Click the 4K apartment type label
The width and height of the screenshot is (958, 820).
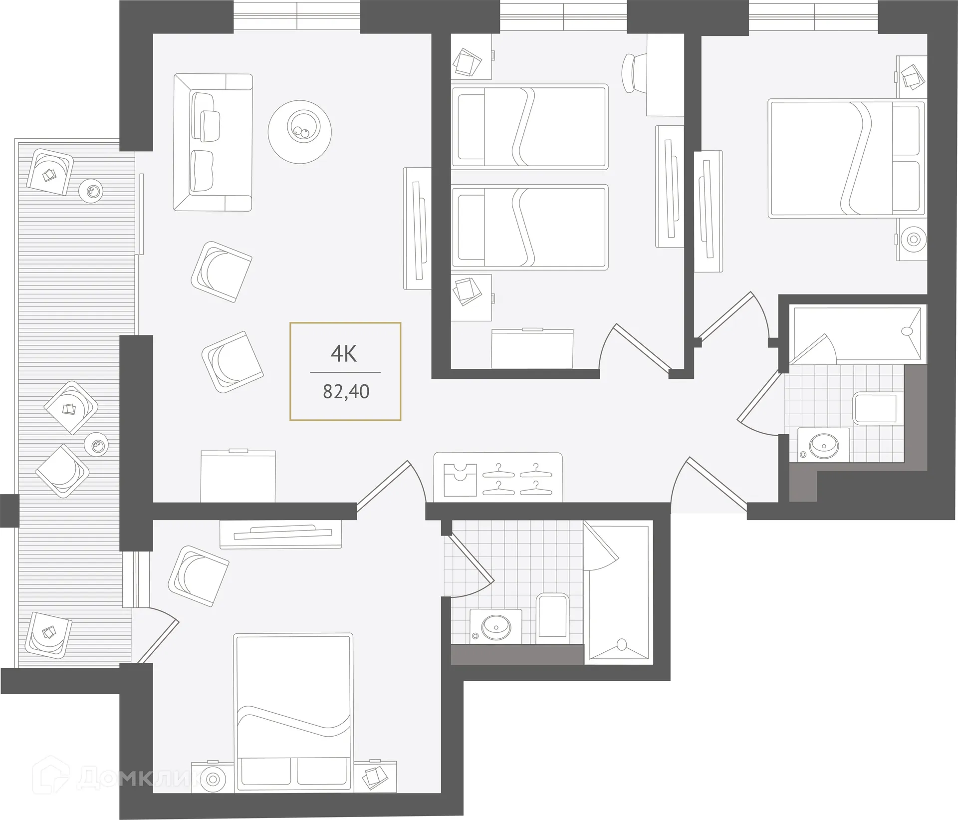tap(344, 354)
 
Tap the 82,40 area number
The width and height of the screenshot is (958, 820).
tap(346, 392)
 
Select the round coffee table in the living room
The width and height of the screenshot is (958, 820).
tap(299, 132)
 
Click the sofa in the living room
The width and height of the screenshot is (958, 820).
tap(213, 142)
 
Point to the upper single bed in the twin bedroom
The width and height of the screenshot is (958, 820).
tap(529, 126)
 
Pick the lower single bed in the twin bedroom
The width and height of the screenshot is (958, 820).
tap(529, 227)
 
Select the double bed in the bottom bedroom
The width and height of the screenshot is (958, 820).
tap(293, 711)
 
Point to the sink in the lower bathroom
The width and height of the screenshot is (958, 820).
tap(495, 626)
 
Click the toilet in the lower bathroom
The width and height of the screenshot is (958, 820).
tap(553, 615)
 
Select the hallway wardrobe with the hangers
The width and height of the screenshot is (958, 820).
tap(498, 477)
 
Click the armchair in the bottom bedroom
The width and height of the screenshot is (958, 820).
tap(198, 575)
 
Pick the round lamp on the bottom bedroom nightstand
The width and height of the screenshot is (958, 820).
tap(213, 792)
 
